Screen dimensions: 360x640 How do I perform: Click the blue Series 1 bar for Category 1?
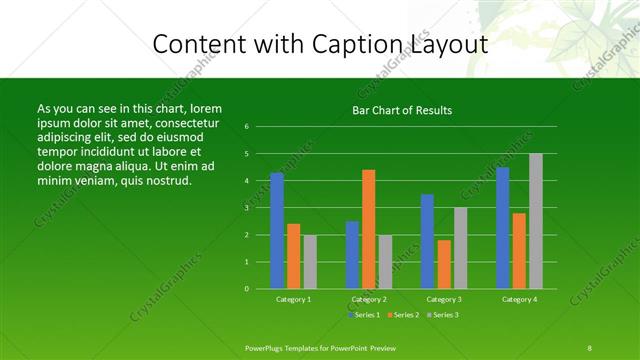point(277,231)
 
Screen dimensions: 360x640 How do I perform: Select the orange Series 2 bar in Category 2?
point(369,229)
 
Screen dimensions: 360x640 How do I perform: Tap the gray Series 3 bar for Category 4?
point(536,221)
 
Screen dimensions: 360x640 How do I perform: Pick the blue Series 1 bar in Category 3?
point(427,241)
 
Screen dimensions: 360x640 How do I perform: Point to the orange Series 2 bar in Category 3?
point(444,264)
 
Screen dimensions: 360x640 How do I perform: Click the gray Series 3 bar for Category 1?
point(310,262)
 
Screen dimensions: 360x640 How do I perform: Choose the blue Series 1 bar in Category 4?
point(503,228)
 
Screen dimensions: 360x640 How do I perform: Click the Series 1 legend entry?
point(366,315)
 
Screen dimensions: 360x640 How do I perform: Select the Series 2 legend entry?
point(404,315)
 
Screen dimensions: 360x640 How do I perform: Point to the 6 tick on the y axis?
point(246,127)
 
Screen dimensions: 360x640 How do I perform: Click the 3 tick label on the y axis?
point(246,208)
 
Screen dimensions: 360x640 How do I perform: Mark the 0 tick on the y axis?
point(246,289)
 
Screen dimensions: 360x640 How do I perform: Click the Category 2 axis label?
point(369,299)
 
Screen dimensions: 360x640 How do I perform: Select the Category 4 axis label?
point(519,299)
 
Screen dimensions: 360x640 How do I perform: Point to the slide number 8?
point(590,347)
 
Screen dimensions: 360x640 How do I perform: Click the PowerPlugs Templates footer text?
point(321,347)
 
